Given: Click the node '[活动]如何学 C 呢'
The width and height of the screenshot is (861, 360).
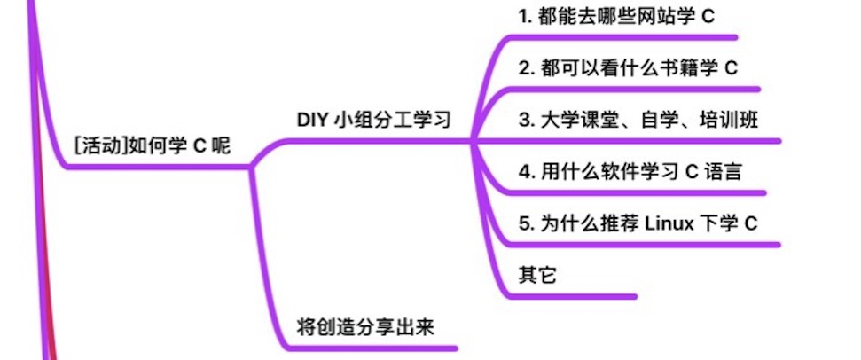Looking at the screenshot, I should pos(152,145).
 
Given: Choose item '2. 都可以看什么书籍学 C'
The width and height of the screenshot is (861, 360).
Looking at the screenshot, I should pos(628,67).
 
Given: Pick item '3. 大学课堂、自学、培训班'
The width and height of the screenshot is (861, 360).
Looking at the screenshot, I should pos(638,120).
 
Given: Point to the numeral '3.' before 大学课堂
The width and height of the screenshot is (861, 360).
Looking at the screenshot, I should pos(525,120).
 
